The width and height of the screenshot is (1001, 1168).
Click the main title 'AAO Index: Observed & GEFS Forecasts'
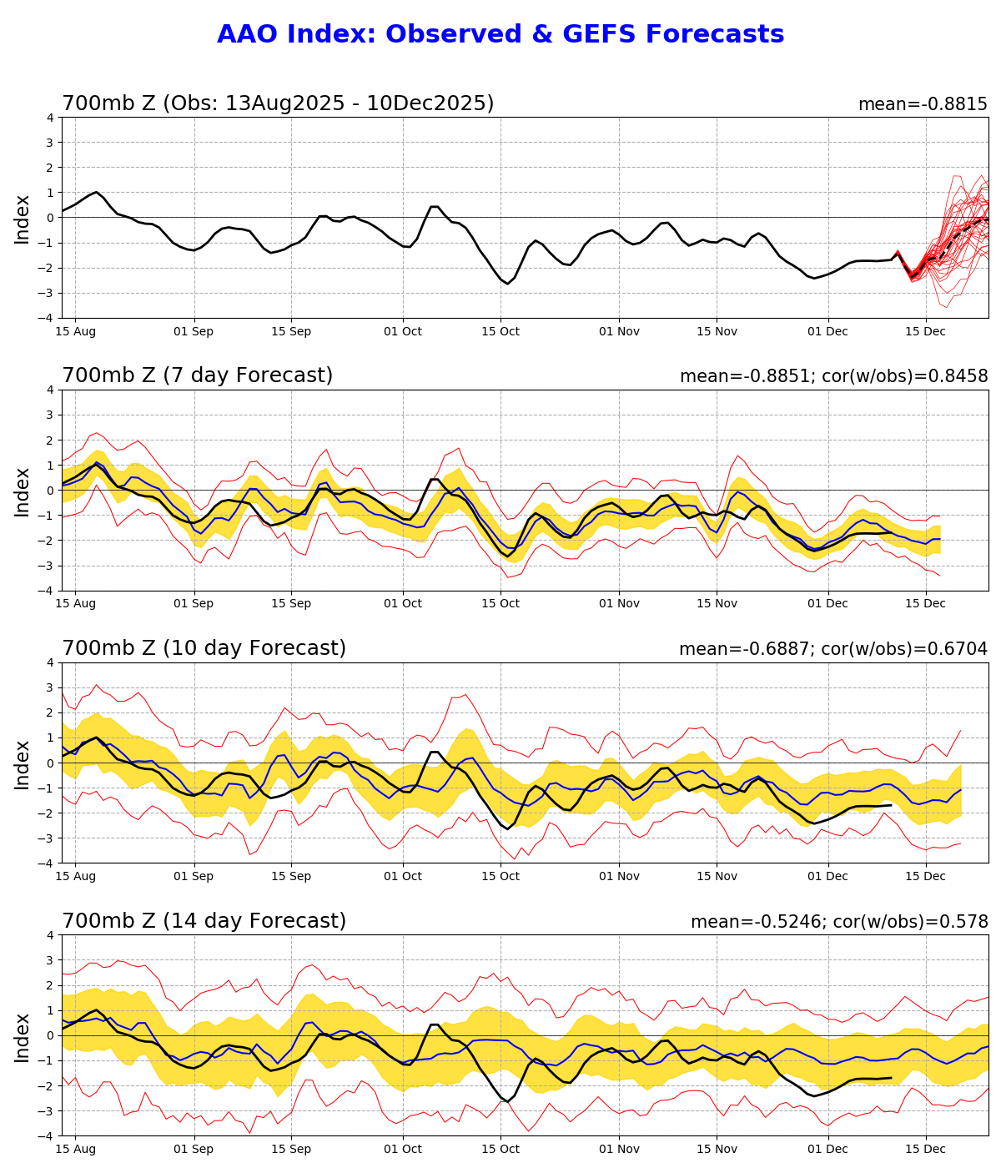pyautogui.click(x=500, y=34)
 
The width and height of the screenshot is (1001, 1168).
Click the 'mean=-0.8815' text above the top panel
pyautogui.click(x=923, y=105)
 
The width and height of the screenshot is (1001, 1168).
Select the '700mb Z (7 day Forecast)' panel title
pyautogui.click(x=198, y=376)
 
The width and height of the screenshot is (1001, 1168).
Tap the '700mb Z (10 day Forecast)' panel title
pyautogui.click(x=204, y=649)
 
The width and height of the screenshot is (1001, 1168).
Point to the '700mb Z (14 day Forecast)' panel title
pyautogui.click(x=204, y=922)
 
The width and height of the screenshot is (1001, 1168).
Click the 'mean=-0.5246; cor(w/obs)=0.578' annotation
pyautogui.click(x=839, y=923)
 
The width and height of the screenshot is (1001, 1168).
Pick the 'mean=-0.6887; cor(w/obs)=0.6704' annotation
pyautogui.click(x=833, y=650)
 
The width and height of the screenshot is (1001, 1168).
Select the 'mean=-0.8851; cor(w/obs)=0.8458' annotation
pyautogui.click(x=833, y=377)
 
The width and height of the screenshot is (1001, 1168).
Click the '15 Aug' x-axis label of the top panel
pyautogui.click(x=76, y=332)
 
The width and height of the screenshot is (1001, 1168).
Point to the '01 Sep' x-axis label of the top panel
pyautogui.click(x=194, y=332)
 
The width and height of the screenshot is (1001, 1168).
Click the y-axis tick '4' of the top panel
pyautogui.click(x=51, y=118)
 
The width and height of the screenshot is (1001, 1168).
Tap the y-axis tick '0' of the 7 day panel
pyautogui.click(x=51, y=491)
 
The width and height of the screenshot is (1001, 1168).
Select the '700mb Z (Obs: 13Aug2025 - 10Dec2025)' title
pyautogui.click(x=278, y=104)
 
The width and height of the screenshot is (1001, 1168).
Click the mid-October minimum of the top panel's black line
pyautogui.click(x=506, y=284)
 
